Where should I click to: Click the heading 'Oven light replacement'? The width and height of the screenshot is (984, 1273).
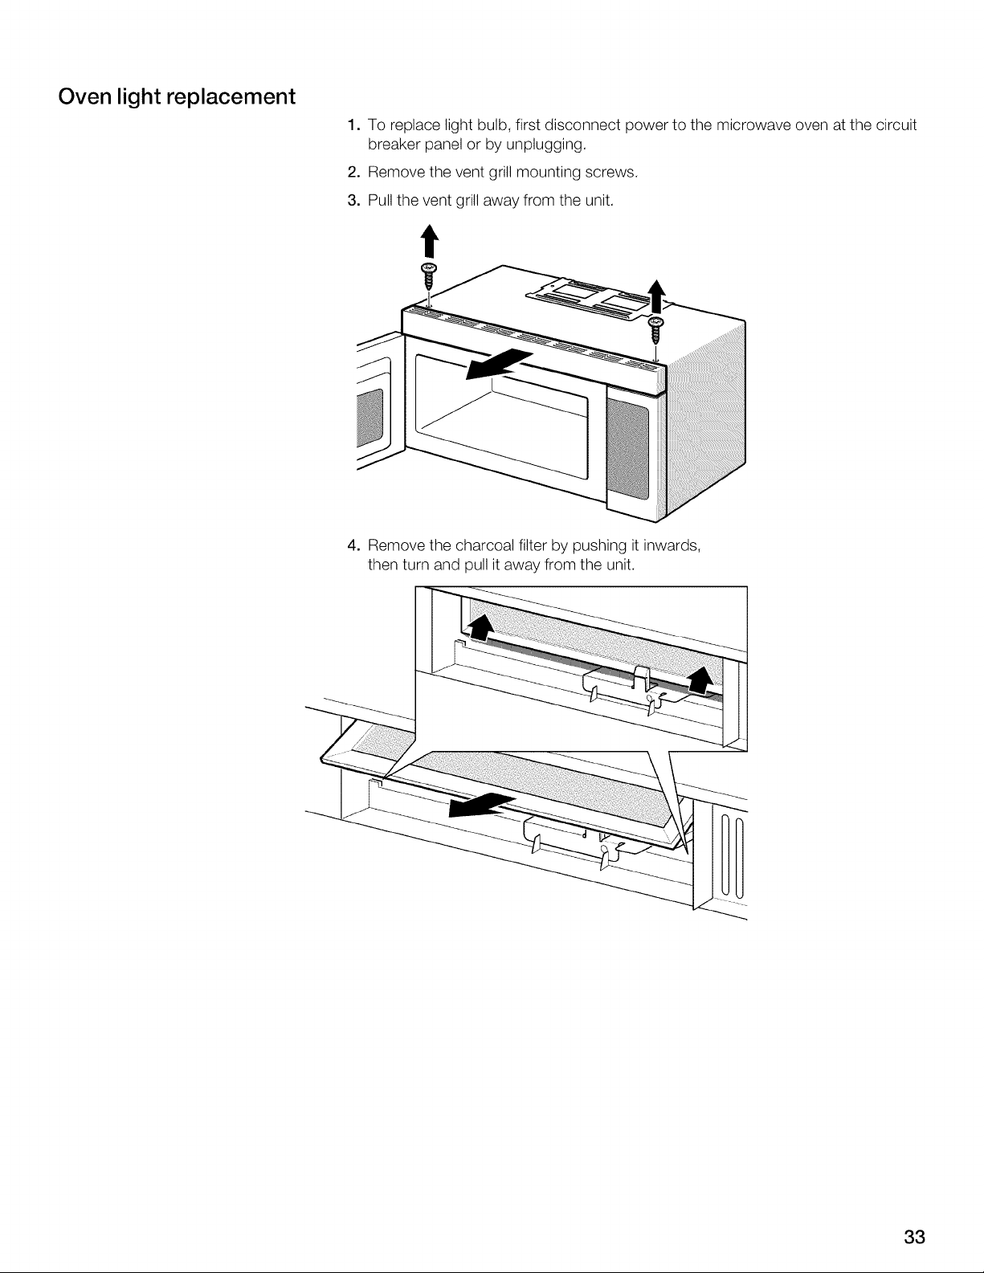tap(177, 97)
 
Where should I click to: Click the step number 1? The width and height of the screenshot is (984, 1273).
tap(352, 124)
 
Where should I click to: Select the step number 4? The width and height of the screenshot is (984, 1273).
tap(353, 546)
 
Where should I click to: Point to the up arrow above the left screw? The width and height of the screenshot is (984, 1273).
tap(430, 241)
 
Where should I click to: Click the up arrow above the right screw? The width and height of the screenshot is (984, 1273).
tap(657, 296)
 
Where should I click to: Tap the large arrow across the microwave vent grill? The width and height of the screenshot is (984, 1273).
tap(500, 365)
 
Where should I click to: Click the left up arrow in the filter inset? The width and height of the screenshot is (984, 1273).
tap(480, 630)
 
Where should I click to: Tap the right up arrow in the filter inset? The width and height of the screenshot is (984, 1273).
tap(700, 683)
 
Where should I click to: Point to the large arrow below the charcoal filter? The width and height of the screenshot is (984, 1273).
tap(482, 806)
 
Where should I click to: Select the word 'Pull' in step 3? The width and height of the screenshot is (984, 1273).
tap(380, 200)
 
